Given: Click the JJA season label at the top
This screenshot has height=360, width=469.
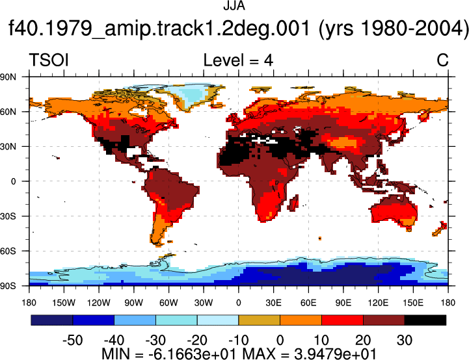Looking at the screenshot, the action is click(x=234, y=6).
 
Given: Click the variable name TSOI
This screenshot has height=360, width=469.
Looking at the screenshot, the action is click(x=49, y=60).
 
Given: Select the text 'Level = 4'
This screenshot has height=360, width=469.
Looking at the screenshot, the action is click(x=238, y=60).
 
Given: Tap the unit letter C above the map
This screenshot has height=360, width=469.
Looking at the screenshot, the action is click(x=442, y=60).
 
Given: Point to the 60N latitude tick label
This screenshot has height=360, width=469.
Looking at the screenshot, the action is click(x=8, y=112).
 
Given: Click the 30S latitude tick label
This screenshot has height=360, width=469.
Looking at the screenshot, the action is click(x=8, y=216).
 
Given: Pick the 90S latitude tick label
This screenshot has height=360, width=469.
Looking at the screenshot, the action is click(x=8, y=286).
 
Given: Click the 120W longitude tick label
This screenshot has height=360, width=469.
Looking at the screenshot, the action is click(x=99, y=303).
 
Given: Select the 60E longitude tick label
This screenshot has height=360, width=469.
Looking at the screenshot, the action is click(x=308, y=303).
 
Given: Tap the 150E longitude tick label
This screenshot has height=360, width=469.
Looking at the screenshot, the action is click(x=413, y=303).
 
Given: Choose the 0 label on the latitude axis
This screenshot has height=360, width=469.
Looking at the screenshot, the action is click(x=13, y=181).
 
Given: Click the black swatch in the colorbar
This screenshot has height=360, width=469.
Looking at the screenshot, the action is click(x=425, y=320).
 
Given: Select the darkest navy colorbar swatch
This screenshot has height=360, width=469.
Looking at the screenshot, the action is click(x=52, y=320).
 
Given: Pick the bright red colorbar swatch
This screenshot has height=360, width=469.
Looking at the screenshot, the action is click(x=342, y=320).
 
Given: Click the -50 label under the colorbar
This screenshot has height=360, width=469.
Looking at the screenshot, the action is click(x=73, y=341).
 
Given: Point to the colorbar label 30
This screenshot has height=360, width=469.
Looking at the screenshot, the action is click(x=405, y=341).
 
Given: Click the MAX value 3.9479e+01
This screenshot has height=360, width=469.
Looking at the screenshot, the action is click(x=335, y=354).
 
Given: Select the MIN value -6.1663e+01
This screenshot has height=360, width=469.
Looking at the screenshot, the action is click(x=192, y=354).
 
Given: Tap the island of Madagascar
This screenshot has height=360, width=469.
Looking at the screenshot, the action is click(x=294, y=203).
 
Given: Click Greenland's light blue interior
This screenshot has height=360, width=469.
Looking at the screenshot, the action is click(x=194, y=94).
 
